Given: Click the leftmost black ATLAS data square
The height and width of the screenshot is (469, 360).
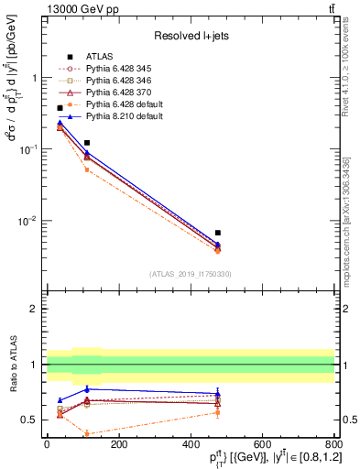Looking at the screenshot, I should click(60, 108).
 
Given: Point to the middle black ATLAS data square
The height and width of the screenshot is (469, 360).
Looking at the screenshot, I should click(87, 143).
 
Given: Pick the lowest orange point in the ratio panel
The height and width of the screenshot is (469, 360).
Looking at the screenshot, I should click(87, 433).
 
